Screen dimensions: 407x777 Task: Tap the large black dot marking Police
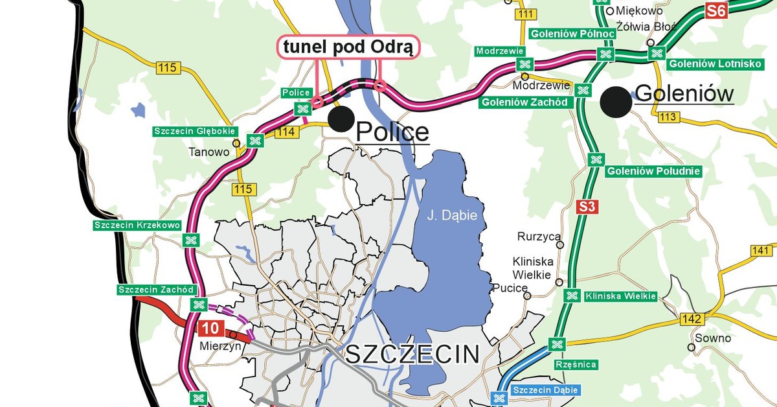341,118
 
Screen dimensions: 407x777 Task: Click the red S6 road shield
716,10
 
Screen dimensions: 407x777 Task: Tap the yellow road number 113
668,117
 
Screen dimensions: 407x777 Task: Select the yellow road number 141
762,251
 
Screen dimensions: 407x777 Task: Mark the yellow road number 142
692,319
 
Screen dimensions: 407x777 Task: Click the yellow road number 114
289,132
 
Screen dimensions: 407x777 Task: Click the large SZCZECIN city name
412,355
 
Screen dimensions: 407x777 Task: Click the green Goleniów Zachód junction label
524,102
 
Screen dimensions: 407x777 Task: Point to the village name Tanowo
208,153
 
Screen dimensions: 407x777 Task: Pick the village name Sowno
712,338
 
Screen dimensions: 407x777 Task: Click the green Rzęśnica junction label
576,364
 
